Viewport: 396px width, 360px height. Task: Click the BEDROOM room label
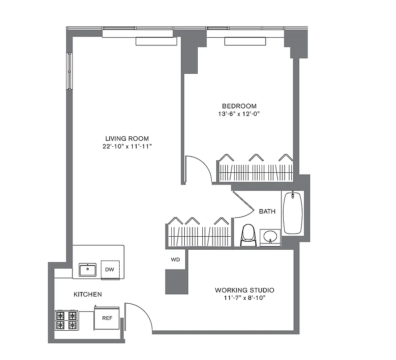(x=239, y=106)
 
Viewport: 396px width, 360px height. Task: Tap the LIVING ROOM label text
(x=127, y=139)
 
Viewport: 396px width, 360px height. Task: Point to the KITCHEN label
(x=88, y=294)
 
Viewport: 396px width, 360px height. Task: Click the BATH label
(x=267, y=211)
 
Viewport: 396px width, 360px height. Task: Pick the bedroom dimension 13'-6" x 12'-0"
(x=239, y=114)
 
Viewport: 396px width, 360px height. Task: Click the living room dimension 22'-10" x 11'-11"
(x=127, y=147)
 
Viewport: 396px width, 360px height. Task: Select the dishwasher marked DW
(x=110, y=270)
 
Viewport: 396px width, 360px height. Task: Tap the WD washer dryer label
(x=175, y=260)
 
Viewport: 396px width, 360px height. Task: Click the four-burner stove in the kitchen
(x=66, y=320)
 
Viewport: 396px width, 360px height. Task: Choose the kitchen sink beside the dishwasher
(x=87, y=270)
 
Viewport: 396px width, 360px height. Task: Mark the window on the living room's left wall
(x=70, y=71)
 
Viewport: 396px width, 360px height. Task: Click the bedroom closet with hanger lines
(x=255, y=172)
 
